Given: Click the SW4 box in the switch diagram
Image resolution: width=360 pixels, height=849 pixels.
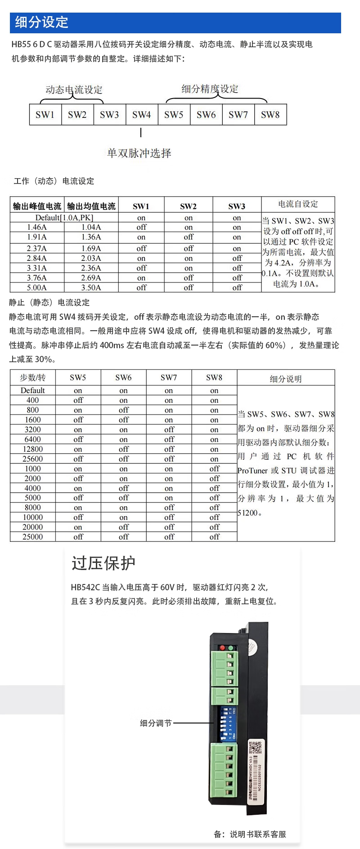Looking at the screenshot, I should (x=142, y=115).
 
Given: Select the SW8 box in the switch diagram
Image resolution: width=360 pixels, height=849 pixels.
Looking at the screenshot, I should (x=270, y=115).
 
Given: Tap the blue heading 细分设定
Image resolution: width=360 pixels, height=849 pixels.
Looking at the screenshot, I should (x=41, y=22).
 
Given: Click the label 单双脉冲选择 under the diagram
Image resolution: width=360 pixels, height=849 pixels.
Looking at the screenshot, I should (x=139, y=153).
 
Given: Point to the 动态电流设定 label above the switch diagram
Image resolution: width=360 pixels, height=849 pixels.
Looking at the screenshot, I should (x=74, y=90).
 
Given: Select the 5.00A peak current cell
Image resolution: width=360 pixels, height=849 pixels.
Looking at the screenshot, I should (x=37, y=287).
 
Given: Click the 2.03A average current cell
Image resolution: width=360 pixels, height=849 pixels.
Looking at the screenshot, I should (x=91, y=258).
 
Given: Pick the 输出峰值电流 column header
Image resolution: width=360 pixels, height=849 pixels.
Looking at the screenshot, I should (x=37, y=206).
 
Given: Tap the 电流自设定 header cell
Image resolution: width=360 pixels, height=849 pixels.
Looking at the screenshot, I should (x=298, y=204).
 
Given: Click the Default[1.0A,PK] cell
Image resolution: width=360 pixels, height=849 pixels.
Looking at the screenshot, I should (x=64, y=218).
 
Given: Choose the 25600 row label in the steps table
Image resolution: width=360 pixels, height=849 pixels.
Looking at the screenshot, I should (x=33, y=459).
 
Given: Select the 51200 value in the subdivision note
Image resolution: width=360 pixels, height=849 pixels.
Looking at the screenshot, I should (x=247, y=512).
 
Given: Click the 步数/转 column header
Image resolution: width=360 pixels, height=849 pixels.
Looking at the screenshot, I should (x=33, y=377).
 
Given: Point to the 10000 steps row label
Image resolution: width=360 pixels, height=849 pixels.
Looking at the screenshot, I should (x=33, y=517).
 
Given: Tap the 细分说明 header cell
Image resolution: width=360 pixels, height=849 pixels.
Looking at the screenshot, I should (x=286, y=379).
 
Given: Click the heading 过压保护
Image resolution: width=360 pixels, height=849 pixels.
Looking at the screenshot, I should (x=103, y=563).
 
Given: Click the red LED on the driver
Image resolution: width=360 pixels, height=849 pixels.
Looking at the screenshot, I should (x=222, y=648).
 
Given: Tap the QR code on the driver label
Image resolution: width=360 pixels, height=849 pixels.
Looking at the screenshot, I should (x=255, y=748).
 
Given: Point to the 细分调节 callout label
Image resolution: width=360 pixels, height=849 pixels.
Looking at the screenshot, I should (x=156, y=723).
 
